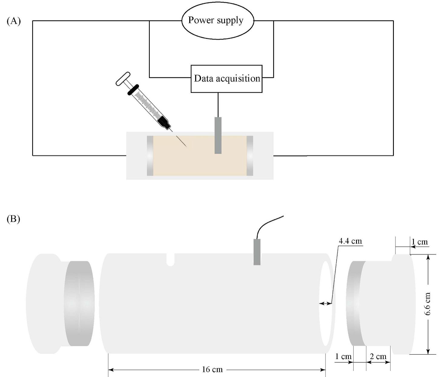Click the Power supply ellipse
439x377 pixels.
coord(217,21)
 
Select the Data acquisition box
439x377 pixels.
coord(226,79)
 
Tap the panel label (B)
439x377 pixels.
coord(13,219)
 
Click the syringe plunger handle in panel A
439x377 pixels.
coord(123,79)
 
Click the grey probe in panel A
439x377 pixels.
coord(218,135)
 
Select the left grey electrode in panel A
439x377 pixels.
coord(150,156)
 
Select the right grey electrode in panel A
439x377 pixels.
coord(250,156)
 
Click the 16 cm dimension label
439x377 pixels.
coord(212,369)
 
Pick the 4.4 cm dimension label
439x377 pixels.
coord(350,241)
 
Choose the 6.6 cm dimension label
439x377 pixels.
coord(427,304)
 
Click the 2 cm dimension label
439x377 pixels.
coord(378,356)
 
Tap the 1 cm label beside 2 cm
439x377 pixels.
coord(343,356)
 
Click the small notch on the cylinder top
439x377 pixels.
coord(170,260)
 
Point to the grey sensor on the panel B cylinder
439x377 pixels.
coord(257,252)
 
